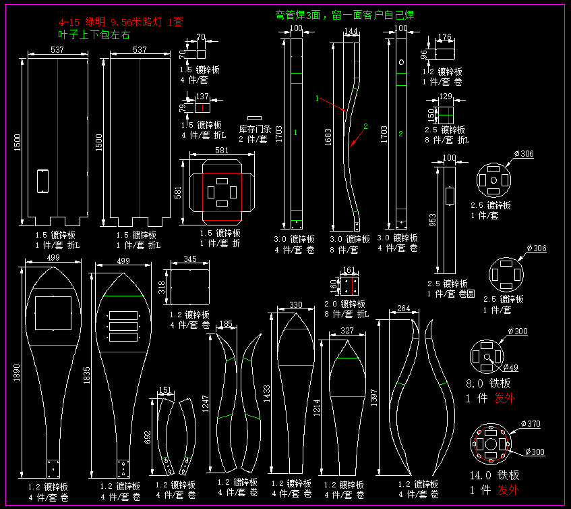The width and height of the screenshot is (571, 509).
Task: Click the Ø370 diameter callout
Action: (530, 424)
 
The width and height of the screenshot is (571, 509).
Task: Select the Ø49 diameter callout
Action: (510, 368)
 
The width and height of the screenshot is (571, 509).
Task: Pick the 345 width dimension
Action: (190, 259)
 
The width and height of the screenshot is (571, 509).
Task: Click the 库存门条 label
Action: (255, 129)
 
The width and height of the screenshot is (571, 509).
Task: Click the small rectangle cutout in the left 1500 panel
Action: (42, 181)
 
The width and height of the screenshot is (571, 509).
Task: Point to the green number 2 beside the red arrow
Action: (366, 126)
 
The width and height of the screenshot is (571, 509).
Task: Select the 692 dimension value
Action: (148, 437)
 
